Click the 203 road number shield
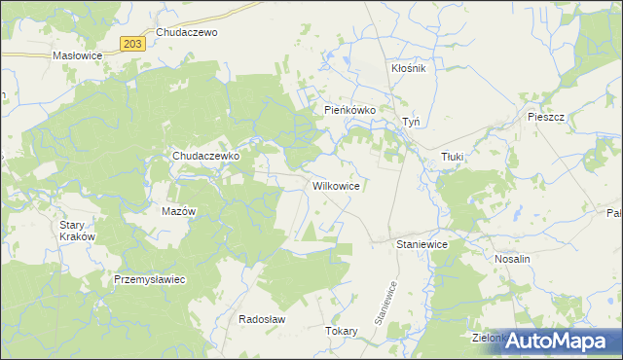[134, 44]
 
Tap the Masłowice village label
[77, 56]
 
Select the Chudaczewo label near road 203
[186, 32]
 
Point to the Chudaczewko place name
[205, 156]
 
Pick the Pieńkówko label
[349, 111]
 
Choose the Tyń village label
[411, 123]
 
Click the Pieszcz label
[546, 116]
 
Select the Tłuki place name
[453, 156]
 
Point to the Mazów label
[178, 211]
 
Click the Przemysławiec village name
[150, 278]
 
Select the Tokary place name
[342, 331]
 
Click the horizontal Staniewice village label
[421, 245]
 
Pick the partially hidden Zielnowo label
[487, 339]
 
